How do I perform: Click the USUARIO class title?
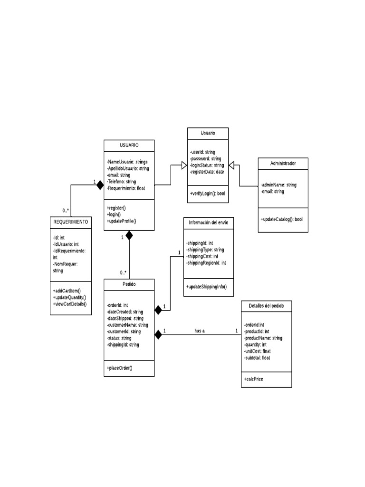click(129, 145)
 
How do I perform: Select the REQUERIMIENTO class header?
click(70, 222)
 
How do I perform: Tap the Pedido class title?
click(129, 284)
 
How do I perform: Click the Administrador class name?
click(283, 163)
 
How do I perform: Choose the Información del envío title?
click(208, 223)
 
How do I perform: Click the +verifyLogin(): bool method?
click(208, 194)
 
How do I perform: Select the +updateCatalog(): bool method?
click(281, 219)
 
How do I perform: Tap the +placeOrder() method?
click(120, 368)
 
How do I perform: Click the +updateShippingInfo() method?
click(207, 286)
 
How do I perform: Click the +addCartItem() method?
click(67, 290)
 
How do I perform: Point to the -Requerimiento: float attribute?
click(126, 188)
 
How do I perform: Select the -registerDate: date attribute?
click(207, 172)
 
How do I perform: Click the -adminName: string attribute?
click(279, 185)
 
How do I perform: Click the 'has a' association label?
click(200, 331)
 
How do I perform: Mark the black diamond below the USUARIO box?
click(129, 235)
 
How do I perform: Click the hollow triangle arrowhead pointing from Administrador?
click(232, 165)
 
